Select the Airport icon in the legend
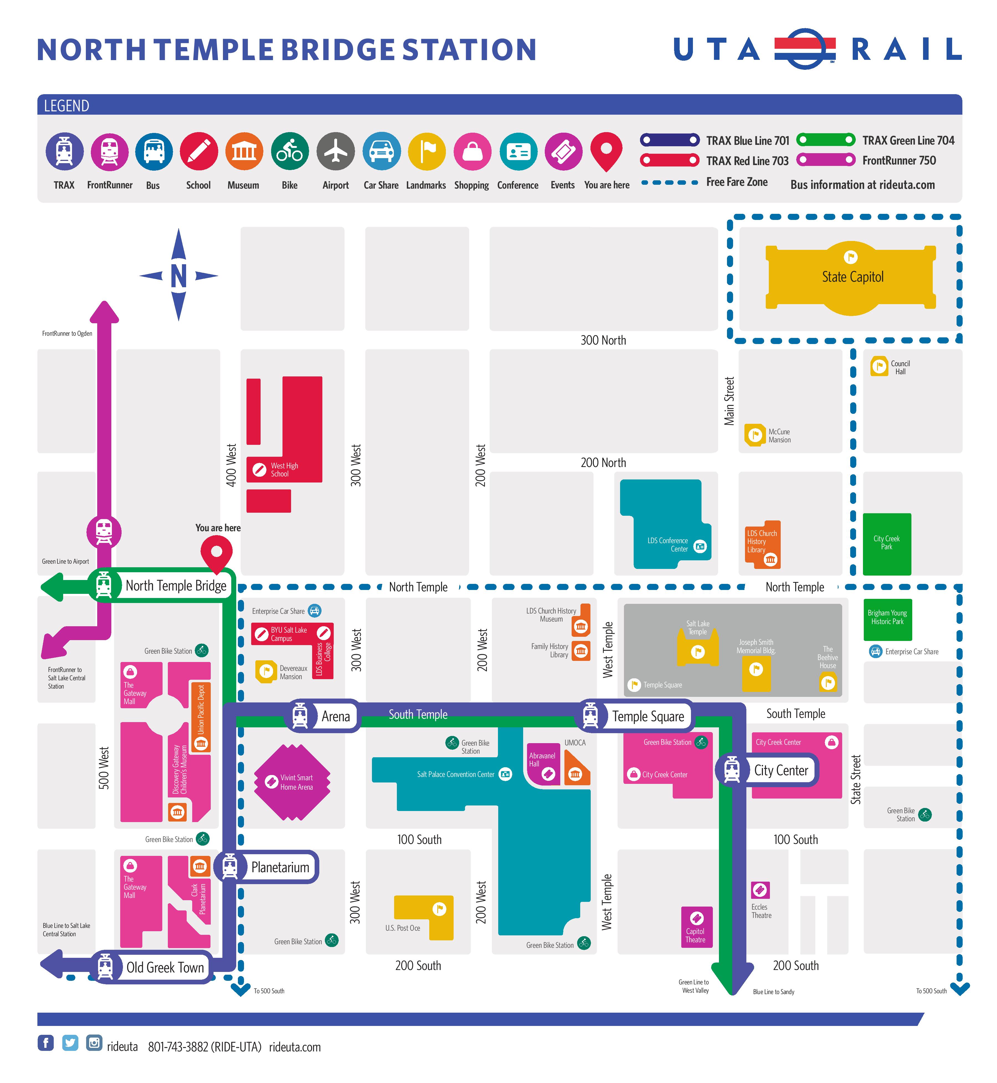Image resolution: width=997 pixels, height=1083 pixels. tap(336, 152)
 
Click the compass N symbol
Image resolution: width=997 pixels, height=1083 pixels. tap(179, 276)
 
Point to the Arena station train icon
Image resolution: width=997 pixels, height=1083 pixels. tap(300, 716)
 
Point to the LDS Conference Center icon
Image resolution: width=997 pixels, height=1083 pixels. tap(700, 546)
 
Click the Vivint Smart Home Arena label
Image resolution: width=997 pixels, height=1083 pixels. tap(296, 782)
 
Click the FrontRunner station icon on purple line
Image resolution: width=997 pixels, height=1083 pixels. tap(104, 532)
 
